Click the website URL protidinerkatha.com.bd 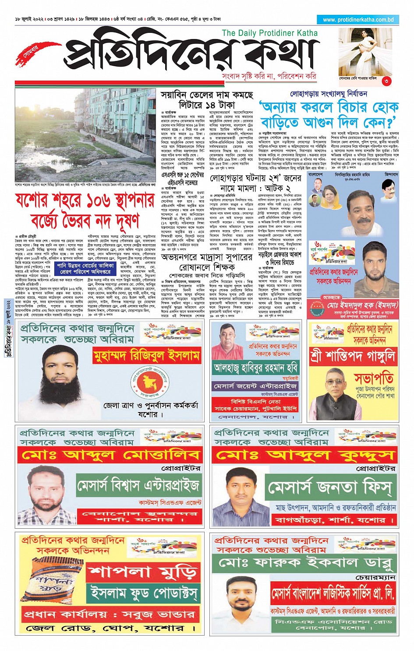(358, 20)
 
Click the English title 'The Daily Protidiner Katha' (269, 33)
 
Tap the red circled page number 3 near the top (386, 81)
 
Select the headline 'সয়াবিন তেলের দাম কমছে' (207, 95)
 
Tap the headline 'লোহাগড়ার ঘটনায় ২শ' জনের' (255, 178)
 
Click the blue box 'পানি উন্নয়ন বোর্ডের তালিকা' (85, 266)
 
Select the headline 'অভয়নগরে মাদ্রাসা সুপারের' (207, 257)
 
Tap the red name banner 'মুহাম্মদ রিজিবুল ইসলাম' (146, 356)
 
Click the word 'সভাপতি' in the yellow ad (373, 377)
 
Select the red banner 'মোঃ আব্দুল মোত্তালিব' (110, 455)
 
